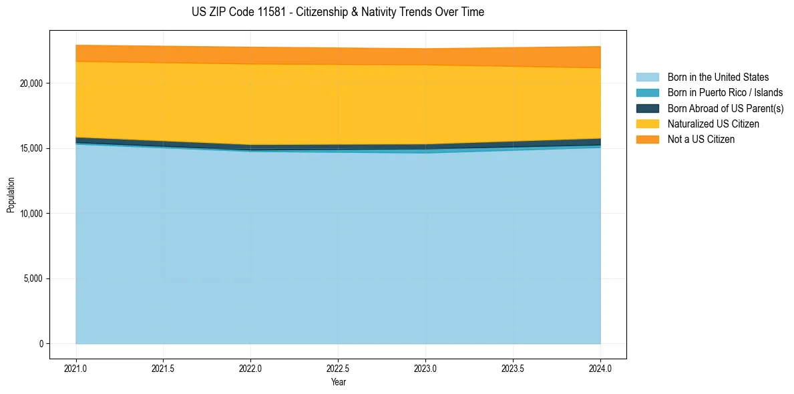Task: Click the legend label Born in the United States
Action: tap(718, 77)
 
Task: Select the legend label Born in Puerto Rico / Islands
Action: tap(725, 93)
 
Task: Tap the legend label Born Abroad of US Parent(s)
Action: tap(725, 108)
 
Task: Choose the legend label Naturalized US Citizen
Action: tap(713, 124)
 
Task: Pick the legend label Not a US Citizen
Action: tap(701, 140)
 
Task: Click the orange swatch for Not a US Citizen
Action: tap(647, 140)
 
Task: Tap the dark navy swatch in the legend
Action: tap(647, 108)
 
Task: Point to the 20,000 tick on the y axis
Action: tap(31, 83)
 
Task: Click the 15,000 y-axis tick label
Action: tap(31, 148)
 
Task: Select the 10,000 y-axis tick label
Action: tap(31, 214)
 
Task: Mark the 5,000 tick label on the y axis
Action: tap(33, 278)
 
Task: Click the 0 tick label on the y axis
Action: tap(41, 344)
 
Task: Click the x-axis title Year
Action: tap(338, 382)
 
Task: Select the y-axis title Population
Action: tap(11, 194)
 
